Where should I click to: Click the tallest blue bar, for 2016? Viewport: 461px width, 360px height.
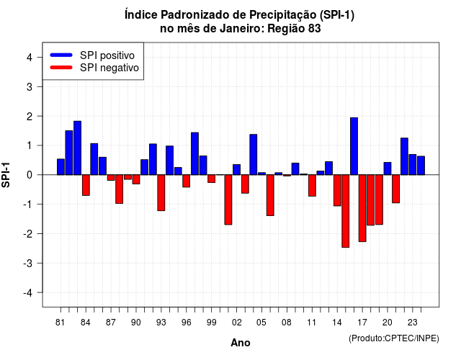click(x=354, y=146)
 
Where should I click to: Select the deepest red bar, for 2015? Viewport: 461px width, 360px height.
click(x=346, y=211)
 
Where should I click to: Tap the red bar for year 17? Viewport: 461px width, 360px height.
click(x=362, y=208)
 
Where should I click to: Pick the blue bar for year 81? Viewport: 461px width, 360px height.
click(x=61, y=167)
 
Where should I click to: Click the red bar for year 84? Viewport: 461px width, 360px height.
click(x=86, y=185)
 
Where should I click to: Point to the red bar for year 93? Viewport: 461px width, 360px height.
click(x=161, y=193)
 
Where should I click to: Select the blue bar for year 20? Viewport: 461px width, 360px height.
click(x=388, y=168)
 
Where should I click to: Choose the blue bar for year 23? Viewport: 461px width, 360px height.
click(x=413, y=165)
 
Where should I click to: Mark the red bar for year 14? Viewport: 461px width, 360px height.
click(x=337, y=190)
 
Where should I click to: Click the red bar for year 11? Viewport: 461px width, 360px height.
click(x=312, y=186)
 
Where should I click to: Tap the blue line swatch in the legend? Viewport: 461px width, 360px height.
click(x=61, y=55)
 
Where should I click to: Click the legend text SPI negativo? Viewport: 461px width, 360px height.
click(x=109, y=68)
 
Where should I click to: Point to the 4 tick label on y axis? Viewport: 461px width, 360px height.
click(x=30, y=58)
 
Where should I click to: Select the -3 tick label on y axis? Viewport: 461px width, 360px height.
click(x=27, y=263)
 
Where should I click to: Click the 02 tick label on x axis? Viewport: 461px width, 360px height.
click(x=237, y=323)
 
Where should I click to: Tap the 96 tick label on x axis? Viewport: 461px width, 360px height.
click(x=187, y=323)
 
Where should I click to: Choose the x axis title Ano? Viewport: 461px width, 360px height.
click(x=241, y=343)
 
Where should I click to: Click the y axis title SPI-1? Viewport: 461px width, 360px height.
click(x=6, y=175)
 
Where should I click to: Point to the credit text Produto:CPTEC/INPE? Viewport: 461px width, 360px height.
click(x=394, y=338)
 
